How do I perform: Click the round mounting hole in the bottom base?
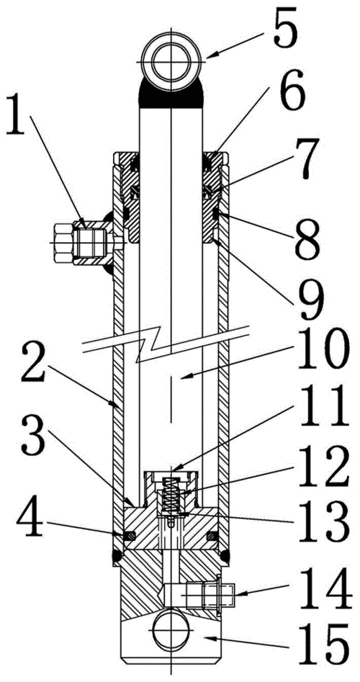[x=171, y=630]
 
